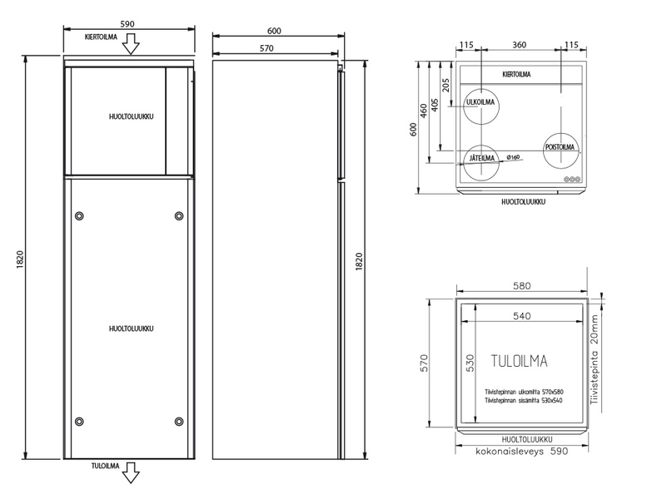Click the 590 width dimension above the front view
(x=127, y=24)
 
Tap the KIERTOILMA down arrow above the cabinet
(x=131, y=44)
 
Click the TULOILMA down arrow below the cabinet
(x=131, y=473)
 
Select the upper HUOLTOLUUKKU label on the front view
(x=131, y=116)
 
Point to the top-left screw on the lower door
(x=79, y=216)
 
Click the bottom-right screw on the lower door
(x=179, y=422)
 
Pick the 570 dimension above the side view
(x=266, y=48)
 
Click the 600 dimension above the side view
(x=275, y=31)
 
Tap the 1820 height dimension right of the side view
(x=359, y=261)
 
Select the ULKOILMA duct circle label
(x=480, y=102)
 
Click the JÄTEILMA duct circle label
(x=482, y=158)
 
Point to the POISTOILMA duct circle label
(x=560, y=147)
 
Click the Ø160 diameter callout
(x=513, y=157)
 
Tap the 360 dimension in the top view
(x=519, y=44)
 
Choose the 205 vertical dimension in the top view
(x=445, y=85)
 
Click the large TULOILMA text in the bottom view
(x=520, y=361)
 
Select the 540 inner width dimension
(x=521, y=316)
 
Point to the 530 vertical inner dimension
(x=470, y=363)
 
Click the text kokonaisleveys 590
(x=522, y=451)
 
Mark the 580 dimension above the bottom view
(x=521, y=286)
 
